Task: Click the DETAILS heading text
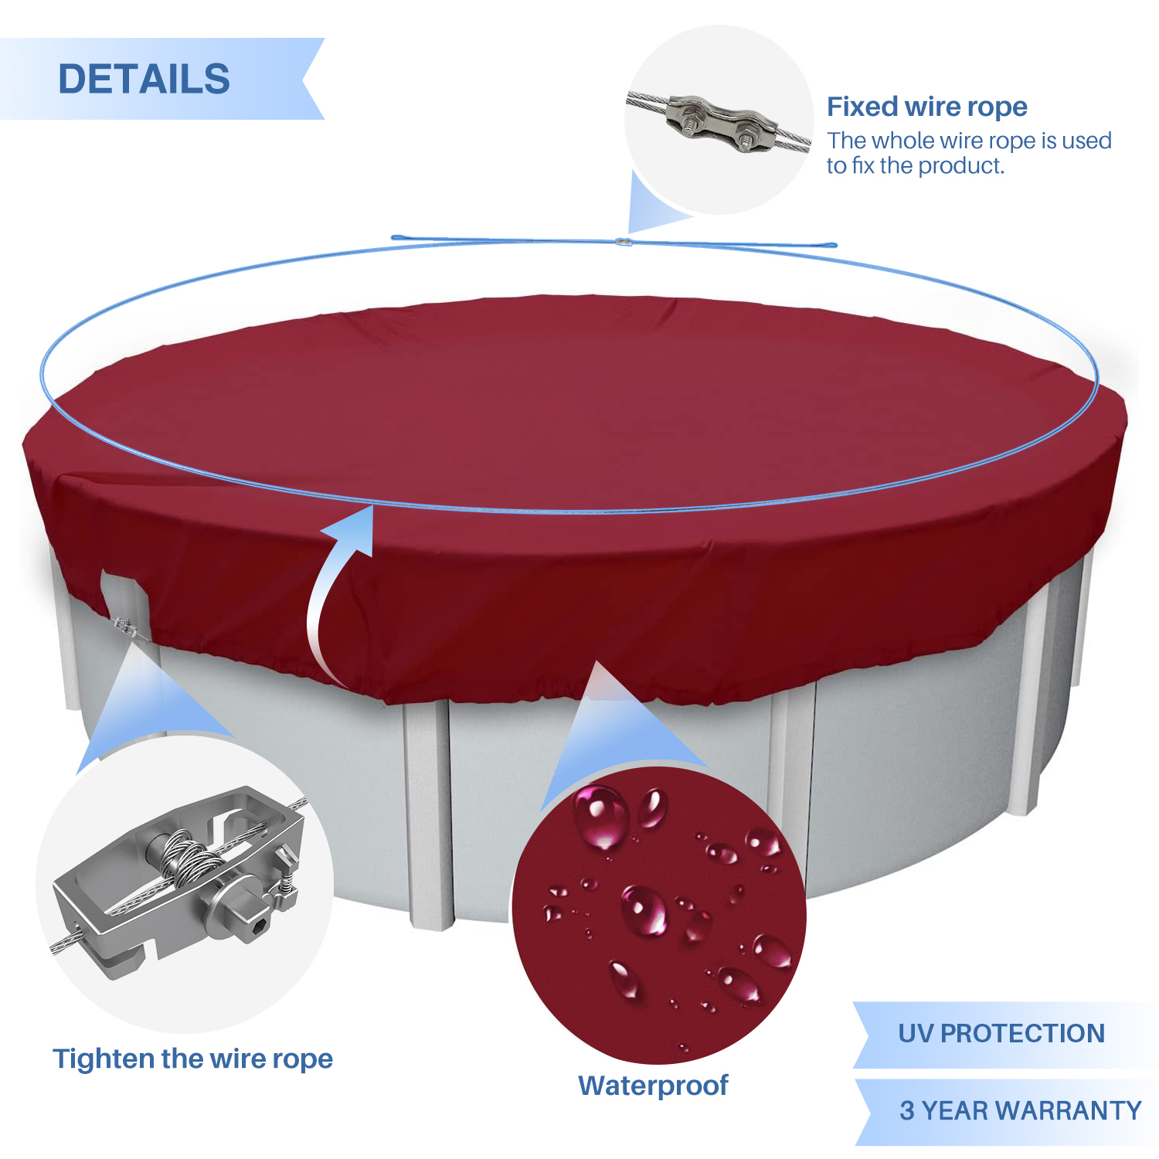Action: click(x=144, y=79)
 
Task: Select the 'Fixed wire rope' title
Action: click(x=927, y=107)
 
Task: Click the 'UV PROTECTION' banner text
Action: click(x=1001, y=1033)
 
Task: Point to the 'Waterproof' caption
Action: click(x=653, y=1086)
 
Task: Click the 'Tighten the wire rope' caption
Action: click(x=192, y=1059)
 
